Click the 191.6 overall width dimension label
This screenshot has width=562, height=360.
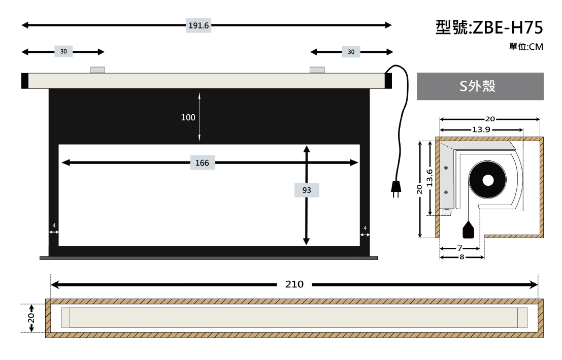(198, 25)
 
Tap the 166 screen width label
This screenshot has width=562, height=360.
(202, 163)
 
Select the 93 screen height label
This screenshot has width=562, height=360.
(307, 190)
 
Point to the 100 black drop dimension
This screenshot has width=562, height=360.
(188, 117)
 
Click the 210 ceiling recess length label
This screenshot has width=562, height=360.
(294, 284)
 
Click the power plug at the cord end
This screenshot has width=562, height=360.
(395, 189)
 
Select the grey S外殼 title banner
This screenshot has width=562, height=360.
(480, 86)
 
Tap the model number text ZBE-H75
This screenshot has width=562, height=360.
(508, 27)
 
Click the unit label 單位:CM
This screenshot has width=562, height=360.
(526, 47)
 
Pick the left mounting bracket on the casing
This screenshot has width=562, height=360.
(97, 70)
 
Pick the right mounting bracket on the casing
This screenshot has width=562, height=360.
(317, 70)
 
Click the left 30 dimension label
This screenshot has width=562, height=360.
(63, 52)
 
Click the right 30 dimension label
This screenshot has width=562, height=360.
(351, 52)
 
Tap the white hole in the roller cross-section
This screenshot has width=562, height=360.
(488, 180)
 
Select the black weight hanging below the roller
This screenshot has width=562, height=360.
(469, 230)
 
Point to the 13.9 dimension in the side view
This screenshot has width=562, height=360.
(481, 129)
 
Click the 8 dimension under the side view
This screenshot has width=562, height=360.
(461, 257)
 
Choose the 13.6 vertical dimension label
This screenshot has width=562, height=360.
(429, 178)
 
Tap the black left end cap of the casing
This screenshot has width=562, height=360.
(25, 81)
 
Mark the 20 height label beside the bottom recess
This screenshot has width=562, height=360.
(31, 318)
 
